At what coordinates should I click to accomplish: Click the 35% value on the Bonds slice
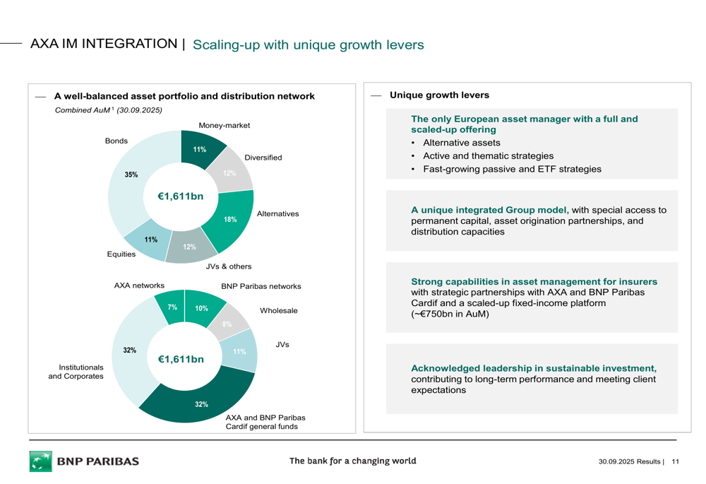coord(131,175)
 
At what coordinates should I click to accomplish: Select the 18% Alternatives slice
coord(230,220)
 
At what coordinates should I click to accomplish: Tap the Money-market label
coord(224,125)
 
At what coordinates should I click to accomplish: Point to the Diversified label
coord(263,158)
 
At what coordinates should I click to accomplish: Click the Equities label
coord(121,254)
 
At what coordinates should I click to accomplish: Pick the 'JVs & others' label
coord(228,266)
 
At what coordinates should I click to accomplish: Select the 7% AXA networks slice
coord(172,307)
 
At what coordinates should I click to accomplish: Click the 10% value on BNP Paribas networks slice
coord(202,309)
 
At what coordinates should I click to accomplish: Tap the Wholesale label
coord(278,311)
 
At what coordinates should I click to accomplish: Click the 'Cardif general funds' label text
coord(261,427)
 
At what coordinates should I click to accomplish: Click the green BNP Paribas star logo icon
coord(40,461)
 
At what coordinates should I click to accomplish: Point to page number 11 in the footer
coord(675,462)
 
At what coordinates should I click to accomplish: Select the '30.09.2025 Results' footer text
coord(629,462)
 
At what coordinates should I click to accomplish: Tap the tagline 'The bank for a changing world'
coord(352,461)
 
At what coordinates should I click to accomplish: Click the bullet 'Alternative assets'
coord(461,143)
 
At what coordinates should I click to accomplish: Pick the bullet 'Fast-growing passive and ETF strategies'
coord(512,169)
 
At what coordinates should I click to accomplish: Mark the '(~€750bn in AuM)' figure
coord(450,314)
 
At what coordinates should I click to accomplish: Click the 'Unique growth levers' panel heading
coord(439,95)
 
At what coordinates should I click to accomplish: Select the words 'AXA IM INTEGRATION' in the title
coord(104,44)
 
